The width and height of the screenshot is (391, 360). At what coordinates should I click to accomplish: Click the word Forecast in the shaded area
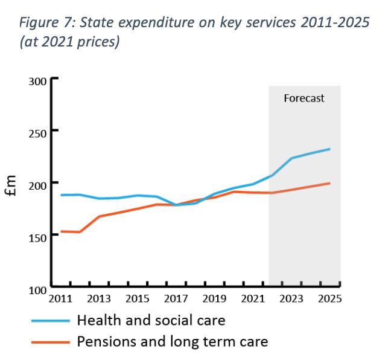tap(304, 98)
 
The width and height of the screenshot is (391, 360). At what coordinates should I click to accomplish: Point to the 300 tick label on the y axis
tap(37, 82)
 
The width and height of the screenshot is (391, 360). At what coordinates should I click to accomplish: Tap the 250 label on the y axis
tap(37, 132)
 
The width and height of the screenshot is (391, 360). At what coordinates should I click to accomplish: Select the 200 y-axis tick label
tap(37, 184)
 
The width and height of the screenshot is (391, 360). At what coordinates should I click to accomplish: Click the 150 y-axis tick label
tap(37, 237)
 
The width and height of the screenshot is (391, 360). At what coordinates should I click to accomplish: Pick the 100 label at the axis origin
tap(37, 291)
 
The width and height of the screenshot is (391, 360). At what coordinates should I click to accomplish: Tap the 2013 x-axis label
tap(99, 300)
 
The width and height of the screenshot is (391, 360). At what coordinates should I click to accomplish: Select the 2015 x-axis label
tap(138, 300)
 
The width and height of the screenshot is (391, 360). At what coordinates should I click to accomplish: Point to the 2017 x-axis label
tap(176, 300)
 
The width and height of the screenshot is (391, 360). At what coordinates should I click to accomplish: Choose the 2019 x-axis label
tap(215, 300)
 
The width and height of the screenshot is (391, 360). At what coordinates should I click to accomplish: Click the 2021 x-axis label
tap(253, 300)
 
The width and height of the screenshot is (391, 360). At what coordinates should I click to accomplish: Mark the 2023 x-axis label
tap(292, 300)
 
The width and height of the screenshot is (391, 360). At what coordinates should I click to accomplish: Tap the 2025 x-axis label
tap(330, 300)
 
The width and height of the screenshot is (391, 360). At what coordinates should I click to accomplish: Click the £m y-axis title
tap(13, 186)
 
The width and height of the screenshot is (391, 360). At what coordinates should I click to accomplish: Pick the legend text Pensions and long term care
tap(172, 341)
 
